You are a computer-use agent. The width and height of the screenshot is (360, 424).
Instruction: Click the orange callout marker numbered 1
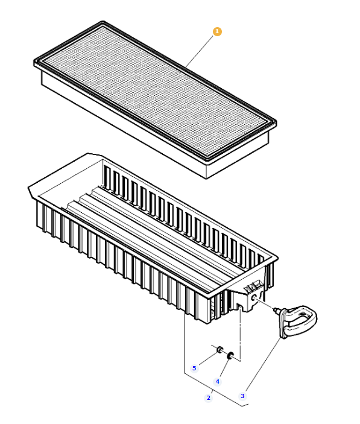[217, 30]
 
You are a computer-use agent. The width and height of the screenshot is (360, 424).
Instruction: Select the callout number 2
[209, 397]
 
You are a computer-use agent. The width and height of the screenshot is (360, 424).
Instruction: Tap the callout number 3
[242, 396]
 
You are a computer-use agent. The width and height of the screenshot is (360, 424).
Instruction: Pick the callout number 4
[218, 381]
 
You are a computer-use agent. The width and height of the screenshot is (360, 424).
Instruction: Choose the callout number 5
[194, 368]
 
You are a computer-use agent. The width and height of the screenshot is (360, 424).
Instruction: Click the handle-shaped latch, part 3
[298, 318]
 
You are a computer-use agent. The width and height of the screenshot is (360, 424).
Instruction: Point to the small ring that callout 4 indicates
[230, 357]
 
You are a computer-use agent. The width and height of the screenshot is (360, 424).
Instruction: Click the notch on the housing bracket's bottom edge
[241, 308]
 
